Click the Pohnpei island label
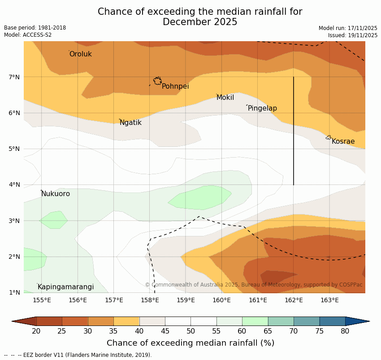[175, 86]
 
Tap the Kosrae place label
[343, 141]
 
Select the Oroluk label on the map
[80, 54]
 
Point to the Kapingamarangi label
[65, 287]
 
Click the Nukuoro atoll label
[56, 194]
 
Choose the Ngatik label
[130, 123]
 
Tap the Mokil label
[225, 98]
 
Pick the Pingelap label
[262, 108]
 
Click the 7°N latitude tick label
[14, 77]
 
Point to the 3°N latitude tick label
[14, 221]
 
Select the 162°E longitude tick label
[294, 300]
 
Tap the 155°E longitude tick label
[42, 300]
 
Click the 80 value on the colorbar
[345, 331]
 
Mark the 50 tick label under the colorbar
[190, 331]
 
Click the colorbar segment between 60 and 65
[255, 321]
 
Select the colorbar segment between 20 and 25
[49, 321]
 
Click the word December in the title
[185, 22]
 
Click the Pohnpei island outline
[157, 81]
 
